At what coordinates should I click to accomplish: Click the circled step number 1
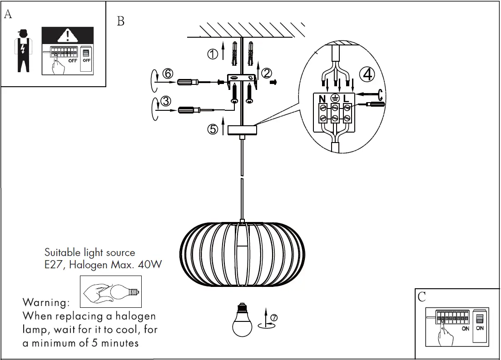coord(212,54)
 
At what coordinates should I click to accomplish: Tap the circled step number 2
coord(267,73)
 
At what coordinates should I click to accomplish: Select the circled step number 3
coord(166,101)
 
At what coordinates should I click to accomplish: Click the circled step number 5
coord(213,129)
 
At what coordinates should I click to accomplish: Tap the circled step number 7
coord(273,318)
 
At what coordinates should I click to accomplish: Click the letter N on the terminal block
coord(322,98)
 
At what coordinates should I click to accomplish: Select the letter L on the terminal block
coord(346,98)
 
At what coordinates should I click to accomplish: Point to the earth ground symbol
coord(334,98)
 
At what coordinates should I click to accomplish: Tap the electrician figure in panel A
coord(23,50)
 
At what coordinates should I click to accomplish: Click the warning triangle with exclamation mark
coord(68,35)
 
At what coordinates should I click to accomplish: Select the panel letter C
coord(422,297)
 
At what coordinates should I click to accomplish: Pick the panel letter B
coord(120,21)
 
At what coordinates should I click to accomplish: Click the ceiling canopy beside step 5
coord(242,130)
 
